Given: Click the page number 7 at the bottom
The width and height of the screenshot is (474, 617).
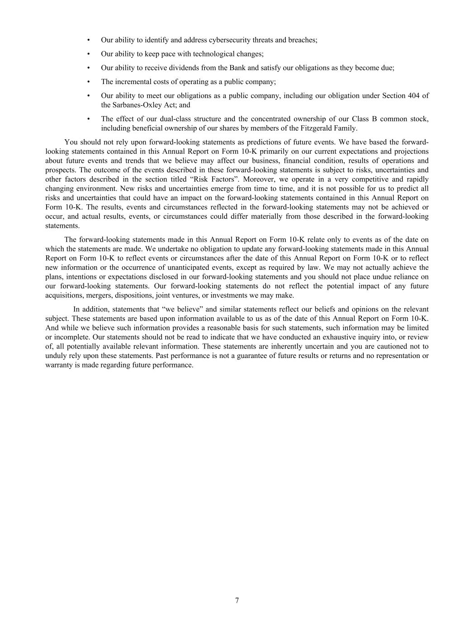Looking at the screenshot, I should pos(237,600).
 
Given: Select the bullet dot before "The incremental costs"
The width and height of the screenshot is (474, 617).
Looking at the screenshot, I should pos(89,82).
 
